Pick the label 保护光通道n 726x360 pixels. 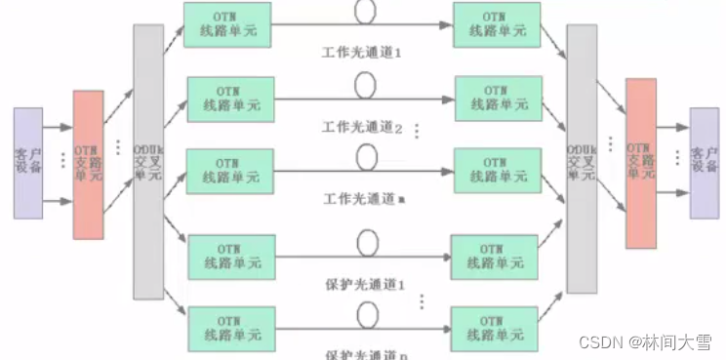363,352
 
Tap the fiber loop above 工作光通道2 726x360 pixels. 365,86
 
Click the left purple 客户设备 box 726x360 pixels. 28,163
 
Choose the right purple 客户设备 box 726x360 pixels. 704,163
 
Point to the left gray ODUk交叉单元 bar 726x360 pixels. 148,161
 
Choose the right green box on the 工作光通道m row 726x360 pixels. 498,170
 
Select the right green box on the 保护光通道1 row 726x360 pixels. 494,256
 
